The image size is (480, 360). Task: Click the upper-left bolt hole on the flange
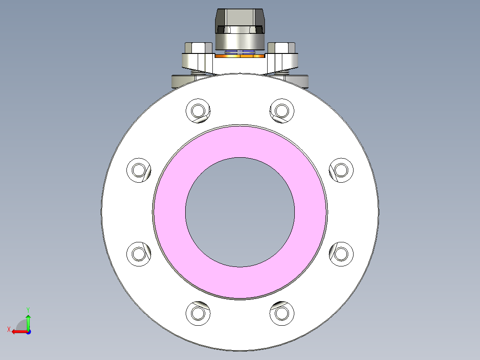pyautogui.click(x=197, y=110)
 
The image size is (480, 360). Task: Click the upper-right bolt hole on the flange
pyautogui.click(x=281, y=110)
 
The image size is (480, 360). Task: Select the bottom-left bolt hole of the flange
pyautogui.click(x=196, y=313)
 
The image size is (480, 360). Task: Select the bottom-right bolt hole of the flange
pyautogui.click(x=281, y=313)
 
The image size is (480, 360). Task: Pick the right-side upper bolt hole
pyautogui.click(x=341, y=170)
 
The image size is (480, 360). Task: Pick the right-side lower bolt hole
pyautogui.click(x=341, y=254)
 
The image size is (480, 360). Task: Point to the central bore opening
pyautogui.click(x=240, y=212)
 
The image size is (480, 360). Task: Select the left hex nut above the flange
pyautogui.click(x=197, y=48)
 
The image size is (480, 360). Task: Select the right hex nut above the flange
pyautogui.click(x=282, y=48)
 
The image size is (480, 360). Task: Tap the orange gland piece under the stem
pyautogui.click(x=240, y=57)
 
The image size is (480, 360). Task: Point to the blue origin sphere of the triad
pyautogui.click(x=28, y=331)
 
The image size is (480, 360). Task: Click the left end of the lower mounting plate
pyautogui.click(x=180, y=82)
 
